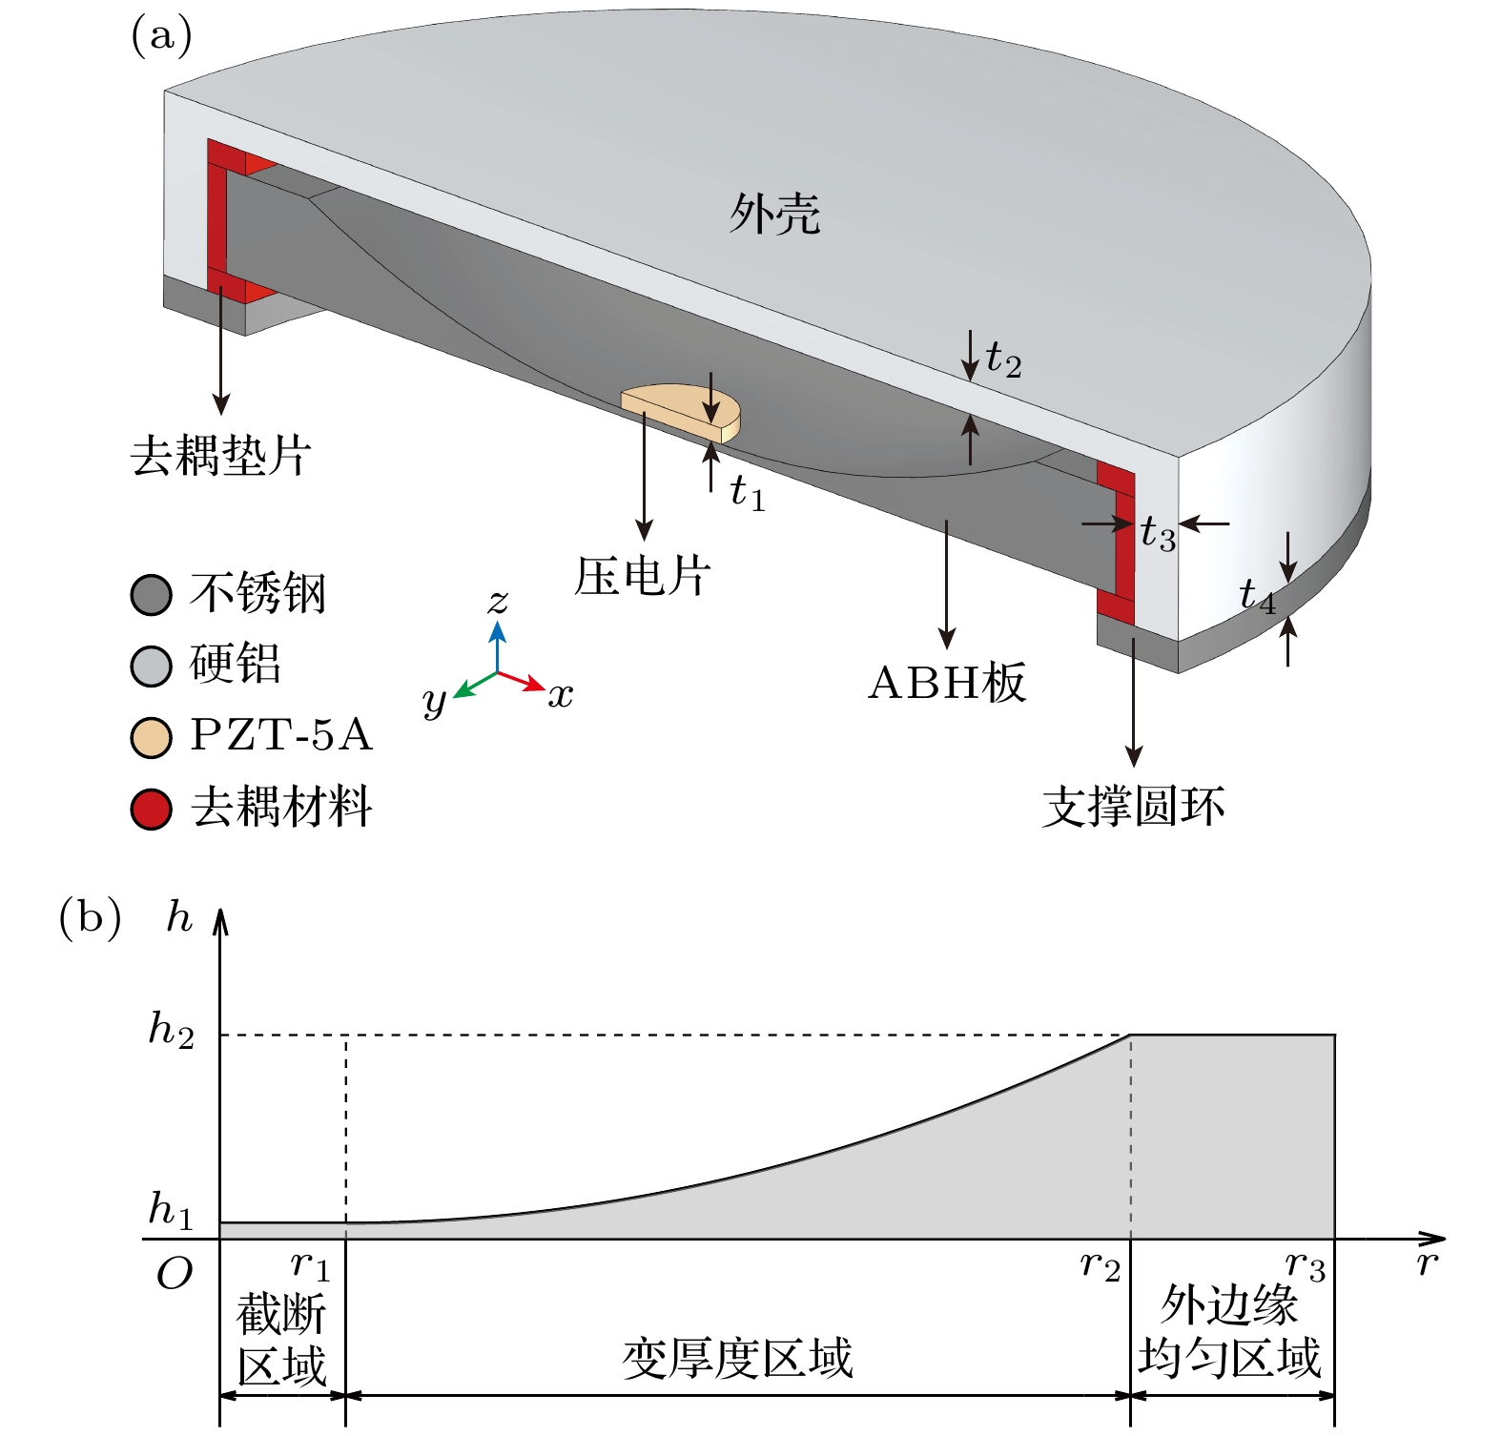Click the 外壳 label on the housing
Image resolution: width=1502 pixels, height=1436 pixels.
(x=774, y=214)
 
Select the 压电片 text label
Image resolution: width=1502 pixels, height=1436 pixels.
(x=643, y=576)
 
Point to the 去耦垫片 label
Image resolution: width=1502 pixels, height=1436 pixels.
(x=220, y=456)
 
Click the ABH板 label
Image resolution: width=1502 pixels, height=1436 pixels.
(x=946, y=683)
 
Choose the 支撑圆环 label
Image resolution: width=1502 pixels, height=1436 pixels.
(x=1133, y=807)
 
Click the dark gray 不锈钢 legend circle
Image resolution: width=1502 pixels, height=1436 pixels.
(x=151, y=595)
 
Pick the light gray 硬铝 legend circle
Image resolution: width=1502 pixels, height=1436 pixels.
(x=151, y=666)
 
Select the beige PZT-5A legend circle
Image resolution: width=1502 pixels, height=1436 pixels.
(x=151, y=737)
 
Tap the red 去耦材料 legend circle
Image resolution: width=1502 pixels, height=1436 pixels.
(x=151, y=809)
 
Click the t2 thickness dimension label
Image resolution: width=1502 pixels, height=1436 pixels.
(x=1003, y=360)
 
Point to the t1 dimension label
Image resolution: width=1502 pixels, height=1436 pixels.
(x=747, y=493)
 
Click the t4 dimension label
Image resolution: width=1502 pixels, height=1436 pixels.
(x=1256, y=596)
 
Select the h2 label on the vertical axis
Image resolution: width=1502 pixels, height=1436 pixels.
(x=172, y=1030)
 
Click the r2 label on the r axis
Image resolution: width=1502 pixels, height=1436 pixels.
(x=1100, y=1265)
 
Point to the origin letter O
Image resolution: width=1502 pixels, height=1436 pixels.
(x=175, y=1273)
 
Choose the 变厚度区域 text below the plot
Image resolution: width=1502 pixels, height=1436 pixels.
(x=737, y=1358)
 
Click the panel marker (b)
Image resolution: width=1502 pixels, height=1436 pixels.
(x=90, y=917)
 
